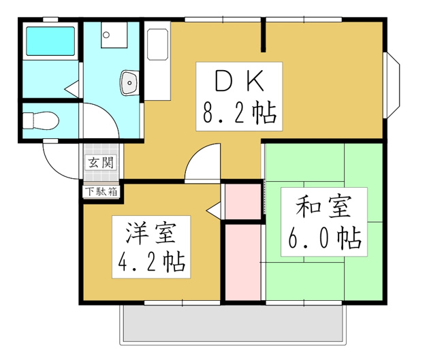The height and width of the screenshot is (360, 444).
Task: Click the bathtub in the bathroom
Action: tap(49, 42)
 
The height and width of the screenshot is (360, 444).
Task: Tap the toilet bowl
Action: tap(39, 120)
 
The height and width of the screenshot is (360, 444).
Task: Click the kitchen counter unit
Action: tap(157, 61)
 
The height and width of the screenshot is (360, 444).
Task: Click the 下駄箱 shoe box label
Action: tap(101, 191)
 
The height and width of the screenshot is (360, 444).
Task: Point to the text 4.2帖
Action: tap(151, 261)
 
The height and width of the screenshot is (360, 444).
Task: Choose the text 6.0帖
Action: tap(324, 238)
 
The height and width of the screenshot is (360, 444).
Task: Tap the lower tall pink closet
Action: tap(243, 262)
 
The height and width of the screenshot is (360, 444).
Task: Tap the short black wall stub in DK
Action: tap(264, 35)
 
